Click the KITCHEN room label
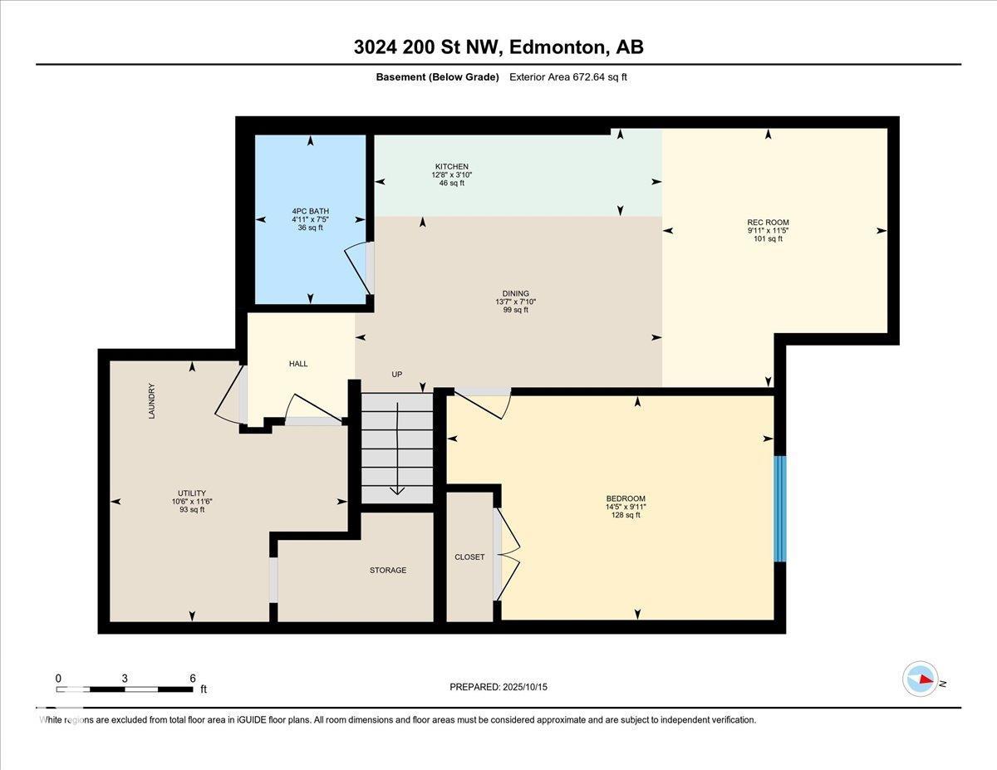point(450,166)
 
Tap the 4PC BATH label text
point(310,211)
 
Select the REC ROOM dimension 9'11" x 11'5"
point(768,230)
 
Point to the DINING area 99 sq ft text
point(515,310)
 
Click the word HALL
point(298,364)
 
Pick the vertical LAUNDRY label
point(152,400)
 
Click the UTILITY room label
point(192,493)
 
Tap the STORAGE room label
point(388,570)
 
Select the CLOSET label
point(469,557)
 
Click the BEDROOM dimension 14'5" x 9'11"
point(626,507)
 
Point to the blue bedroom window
point(779,508)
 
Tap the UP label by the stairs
point(397,375)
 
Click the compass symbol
point(921,679)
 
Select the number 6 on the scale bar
point(193,678)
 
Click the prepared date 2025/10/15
point(524,687)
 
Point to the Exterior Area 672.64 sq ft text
point(573,77)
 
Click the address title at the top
point(498,47)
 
